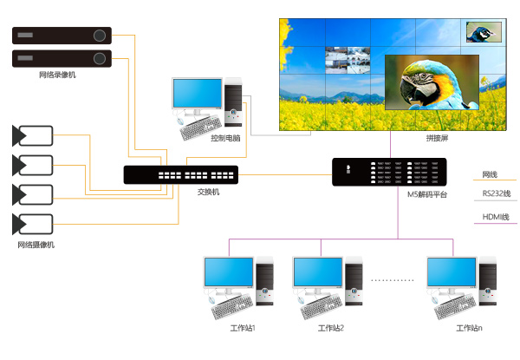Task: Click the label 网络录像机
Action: click(58, 75)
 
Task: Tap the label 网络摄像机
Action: click(36, 245)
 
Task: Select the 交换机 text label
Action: click(209, 192)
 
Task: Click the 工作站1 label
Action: click(243, 328)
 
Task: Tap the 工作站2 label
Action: click(331, 328)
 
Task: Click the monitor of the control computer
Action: click(197, 94)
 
